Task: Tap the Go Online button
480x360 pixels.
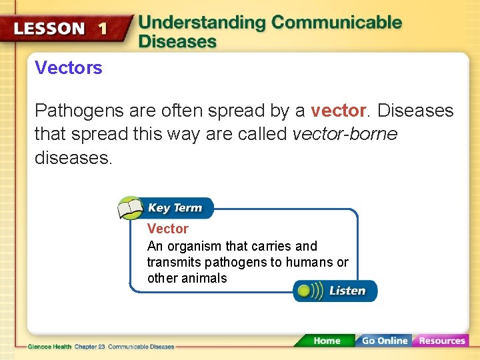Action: coord(384,341)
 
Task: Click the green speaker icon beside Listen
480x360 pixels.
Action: coord(306,291)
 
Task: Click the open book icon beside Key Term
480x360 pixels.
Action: coord(131,208)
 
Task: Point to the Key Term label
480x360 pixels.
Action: coord(175,208)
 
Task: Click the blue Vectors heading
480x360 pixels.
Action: coord(69,67)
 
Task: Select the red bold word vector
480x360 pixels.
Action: coord(339,110)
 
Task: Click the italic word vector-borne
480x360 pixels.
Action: coord(345,134)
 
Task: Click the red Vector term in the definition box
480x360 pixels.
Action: coord(167,229)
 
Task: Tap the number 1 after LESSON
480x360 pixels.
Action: coord(102,29)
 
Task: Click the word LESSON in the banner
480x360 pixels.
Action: coord(49,29)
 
